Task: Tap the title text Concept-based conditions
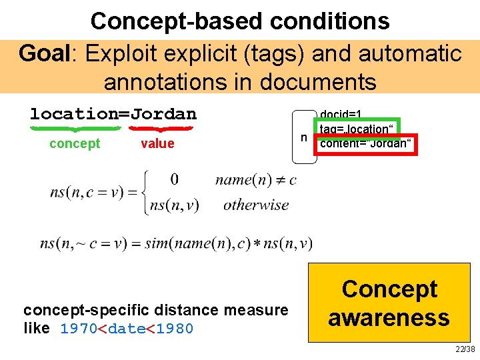click(240, 21)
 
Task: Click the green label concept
click(75, 143)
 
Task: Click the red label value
click(157, 143)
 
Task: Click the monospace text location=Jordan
click(113, 113)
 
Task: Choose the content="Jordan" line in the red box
click(366, 144)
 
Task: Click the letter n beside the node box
click(303, 137)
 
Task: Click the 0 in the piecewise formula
click(174, 179)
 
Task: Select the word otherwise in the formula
click(256, 205)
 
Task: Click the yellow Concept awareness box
click(389, 303)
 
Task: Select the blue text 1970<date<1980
click(127, 329)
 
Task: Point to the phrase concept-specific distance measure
click(155, 310)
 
